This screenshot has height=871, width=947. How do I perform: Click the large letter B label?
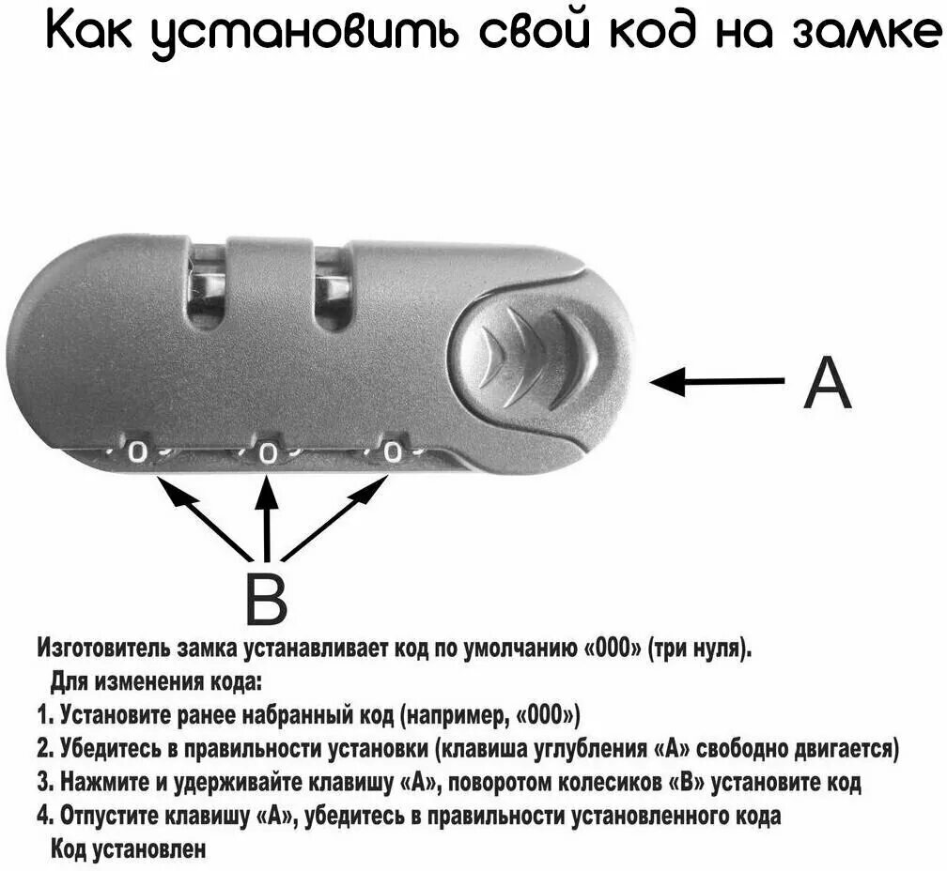click(x=266, y=598)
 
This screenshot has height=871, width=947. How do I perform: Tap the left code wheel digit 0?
click(x=138, y=453)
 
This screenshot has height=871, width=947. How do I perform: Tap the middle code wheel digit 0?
click(x=268, y=455)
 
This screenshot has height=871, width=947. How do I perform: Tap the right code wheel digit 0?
click(x=393, y=453)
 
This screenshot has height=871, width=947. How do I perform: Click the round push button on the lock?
click(x=531, y=357)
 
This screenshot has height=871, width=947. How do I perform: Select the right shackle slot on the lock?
click(x=331, y=286)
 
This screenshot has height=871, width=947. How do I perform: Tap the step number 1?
click(x=42, y=717)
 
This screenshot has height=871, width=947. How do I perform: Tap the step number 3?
click(x=42, y=782)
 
